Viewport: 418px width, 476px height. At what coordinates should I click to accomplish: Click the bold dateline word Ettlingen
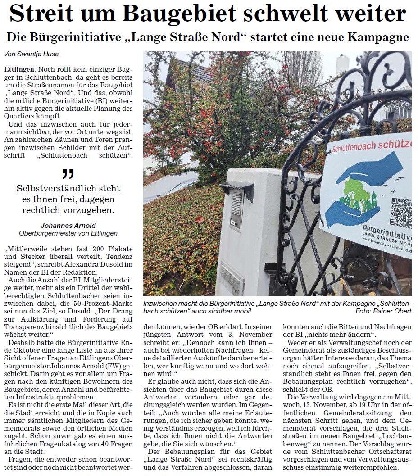coord(19,70)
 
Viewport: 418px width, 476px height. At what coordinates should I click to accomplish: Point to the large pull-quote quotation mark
coord(68,173)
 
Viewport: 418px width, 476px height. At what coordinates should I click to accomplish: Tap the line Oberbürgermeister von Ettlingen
coord(68,233)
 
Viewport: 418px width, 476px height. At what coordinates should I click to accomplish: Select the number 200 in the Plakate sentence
coord(85,249)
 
